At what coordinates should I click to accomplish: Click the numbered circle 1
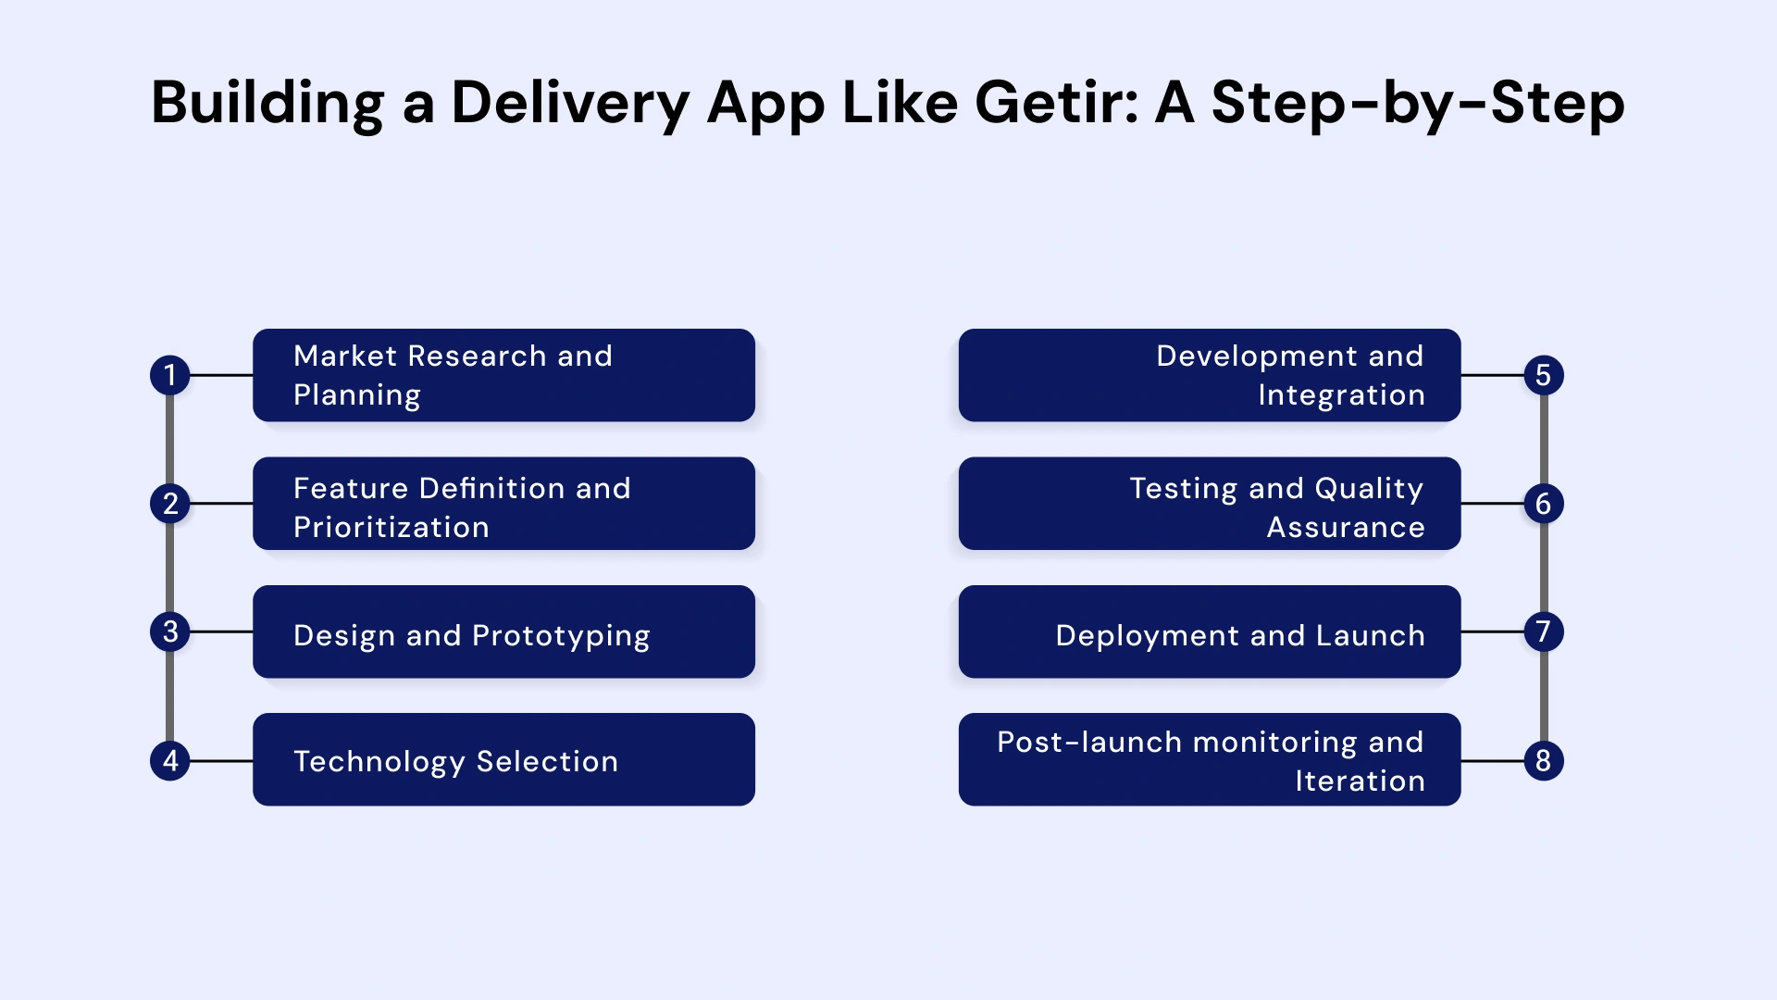pyautogui.click(x=170, y=375)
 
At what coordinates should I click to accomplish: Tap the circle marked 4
pyautogui.click(x=170, y=761)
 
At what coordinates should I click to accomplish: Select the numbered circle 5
pyautogui.click(x=1543, y=375)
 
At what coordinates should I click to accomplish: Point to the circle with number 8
pyautogui.click(x=1543, y=761)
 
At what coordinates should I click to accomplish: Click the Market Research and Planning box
pyautogui.click(x=503, y=375)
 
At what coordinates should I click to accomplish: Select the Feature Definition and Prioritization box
pyautogui.click(x=503, y=504)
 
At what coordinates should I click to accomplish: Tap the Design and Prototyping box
pyautogui.click(x=503, y=631)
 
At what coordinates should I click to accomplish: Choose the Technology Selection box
pyautogui.click(x=503, y=759)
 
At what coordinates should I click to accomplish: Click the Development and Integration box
pyautogui.click(x=1210, y=375)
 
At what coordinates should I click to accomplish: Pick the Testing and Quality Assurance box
pyautogui.click(x=1210, y=504)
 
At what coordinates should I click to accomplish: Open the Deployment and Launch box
pyautogui.click(x=1210, y=631)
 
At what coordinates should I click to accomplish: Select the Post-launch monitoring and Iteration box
pyautogui.click(x=1210, y=759)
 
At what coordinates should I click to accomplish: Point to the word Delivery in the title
pyautogui.click(x=570, y=104)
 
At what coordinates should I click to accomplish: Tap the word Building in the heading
pyautogui.click(x=267, y=104)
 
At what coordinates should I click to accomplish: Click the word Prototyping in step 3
pyautogui.click(x=561, y=636)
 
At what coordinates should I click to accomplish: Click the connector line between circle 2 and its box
pyautogui.click(x=221, y=504)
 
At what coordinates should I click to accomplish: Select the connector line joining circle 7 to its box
pyautogui.click(x=1492, y=631)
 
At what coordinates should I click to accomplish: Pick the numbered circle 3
pyautogui.click(x=170, y=631)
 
